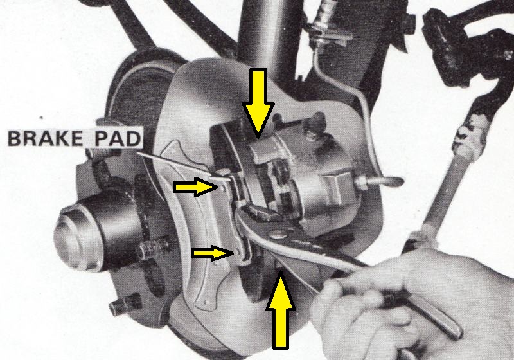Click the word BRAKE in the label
[45, 138]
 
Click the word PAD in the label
[118, 138]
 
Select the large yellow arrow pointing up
[280, 309]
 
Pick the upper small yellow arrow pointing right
[196, 187]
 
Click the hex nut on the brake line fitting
[362, 181]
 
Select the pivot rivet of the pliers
[276, 234]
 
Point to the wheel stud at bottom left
[125, 303]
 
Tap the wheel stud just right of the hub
[153, 249]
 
